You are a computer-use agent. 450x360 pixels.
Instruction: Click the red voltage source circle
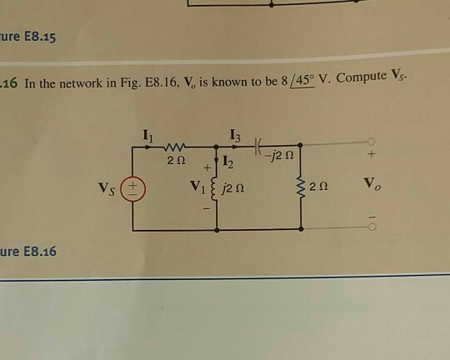point(132,189)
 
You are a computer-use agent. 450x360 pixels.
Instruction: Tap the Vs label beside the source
point(107,189)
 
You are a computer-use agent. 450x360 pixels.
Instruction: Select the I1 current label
point(148,136)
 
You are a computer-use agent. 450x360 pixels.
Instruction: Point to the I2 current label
point(227,162)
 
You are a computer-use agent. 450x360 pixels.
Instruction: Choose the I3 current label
point(235,136)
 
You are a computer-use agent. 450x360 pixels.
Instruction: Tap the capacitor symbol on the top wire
point(258,147)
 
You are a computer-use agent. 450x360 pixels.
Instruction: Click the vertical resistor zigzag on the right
point(301,187)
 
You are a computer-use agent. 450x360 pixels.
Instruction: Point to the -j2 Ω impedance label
point(279,156)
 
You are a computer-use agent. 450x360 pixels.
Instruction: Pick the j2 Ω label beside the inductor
point(232,188)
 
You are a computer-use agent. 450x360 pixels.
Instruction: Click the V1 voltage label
point(197,187)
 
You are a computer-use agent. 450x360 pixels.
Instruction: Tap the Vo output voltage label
point(372,183)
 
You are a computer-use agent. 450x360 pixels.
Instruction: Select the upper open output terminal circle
point(371,142)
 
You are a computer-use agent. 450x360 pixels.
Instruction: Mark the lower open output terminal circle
point(372,227)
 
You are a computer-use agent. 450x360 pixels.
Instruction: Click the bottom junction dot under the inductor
point(217,230)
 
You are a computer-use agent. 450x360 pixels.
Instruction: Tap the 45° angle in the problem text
point(302,81)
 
